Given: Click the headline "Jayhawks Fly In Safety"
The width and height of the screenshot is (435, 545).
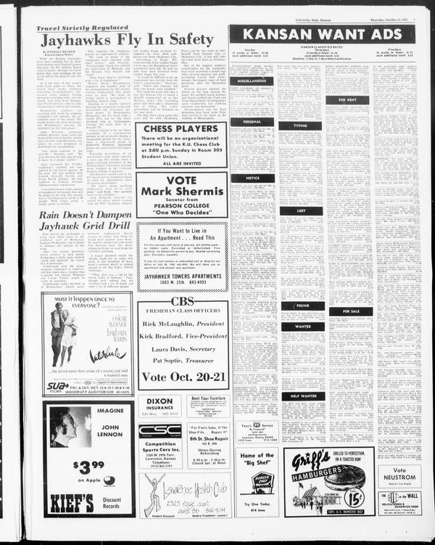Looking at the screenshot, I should pos(125,39).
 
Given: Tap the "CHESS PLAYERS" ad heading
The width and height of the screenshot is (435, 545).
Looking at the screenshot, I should pos(181,128).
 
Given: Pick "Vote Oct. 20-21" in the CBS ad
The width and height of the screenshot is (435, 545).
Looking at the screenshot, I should pos(181,377).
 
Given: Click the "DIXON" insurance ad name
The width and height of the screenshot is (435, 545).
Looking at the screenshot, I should pos(159,401).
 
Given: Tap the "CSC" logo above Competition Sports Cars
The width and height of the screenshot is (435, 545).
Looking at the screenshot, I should pos(159,430).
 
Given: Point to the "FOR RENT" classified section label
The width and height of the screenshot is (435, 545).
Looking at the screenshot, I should pos(347,100).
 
